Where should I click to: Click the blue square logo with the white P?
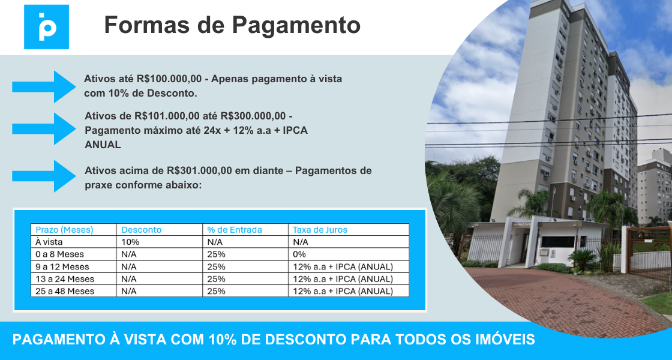[x=46, y=26]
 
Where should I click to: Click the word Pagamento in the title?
[x=296, y=25]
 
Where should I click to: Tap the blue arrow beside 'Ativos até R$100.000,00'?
[x=44, y=86]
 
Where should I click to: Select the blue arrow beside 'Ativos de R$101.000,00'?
[x=44, y=128]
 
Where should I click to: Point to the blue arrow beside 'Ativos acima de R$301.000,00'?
[x=44, y=176]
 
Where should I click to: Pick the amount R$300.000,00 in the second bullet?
[x=253, y=116]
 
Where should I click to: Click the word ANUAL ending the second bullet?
[x=103, y=145]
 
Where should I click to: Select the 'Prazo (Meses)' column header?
[x=64, y=230]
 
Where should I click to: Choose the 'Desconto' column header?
[x=142, y=230]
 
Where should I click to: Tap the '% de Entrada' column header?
[x=235, y=230]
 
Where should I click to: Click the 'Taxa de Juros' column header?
[x=320, y=230]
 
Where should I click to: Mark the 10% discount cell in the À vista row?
[x=130, y=242]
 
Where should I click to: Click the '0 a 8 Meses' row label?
[x=59, y=254]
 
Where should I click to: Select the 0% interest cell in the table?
[x=299, y=254]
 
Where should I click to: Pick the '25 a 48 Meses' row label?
[x=65, y=291]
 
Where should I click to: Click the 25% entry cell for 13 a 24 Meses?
[x=217, y=279]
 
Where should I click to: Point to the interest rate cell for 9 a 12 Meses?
[x=343, y=266]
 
